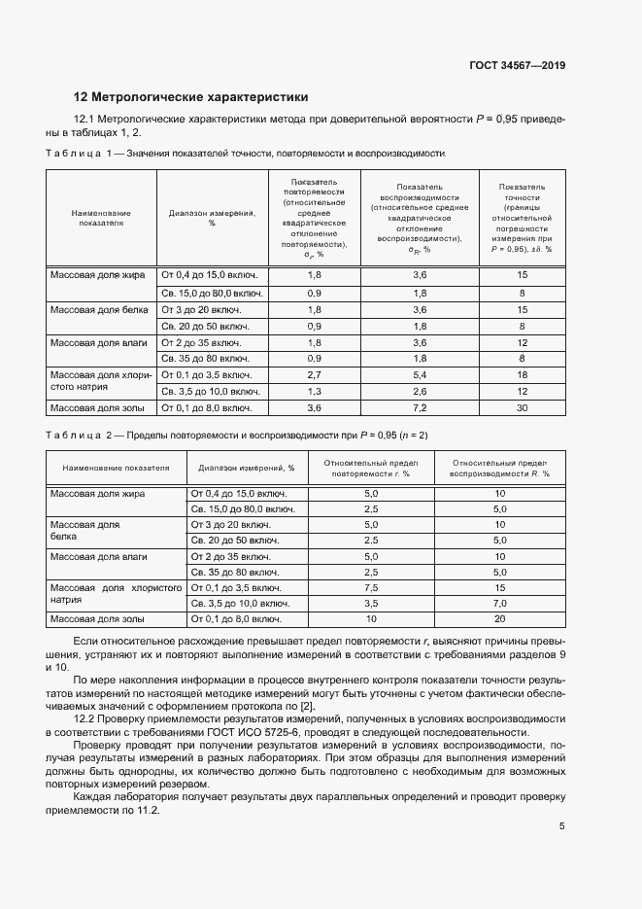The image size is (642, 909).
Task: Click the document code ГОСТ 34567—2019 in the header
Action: (517, 66)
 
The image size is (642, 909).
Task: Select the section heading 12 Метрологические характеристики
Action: (191, 97)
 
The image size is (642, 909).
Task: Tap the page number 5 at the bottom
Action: (562, 827)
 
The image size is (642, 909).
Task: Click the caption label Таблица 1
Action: (84, 154)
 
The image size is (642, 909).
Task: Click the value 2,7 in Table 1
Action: (314, 374)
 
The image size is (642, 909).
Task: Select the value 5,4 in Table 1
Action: (420, 374)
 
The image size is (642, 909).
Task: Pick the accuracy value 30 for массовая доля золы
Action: (522, 408)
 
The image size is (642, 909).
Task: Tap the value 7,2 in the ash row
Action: (420, 408)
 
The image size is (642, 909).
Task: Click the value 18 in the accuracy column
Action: (522, 374)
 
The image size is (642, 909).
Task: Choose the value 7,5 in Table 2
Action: (370, 589)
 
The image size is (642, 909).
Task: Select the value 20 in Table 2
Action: (500, 619)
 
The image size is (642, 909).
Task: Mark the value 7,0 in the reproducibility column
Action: (500, 604)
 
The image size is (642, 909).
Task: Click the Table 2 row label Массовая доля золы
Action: (97, 619)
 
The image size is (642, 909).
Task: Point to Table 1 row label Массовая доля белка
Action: (99, 309)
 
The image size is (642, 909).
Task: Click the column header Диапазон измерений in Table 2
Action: (247, 468)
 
